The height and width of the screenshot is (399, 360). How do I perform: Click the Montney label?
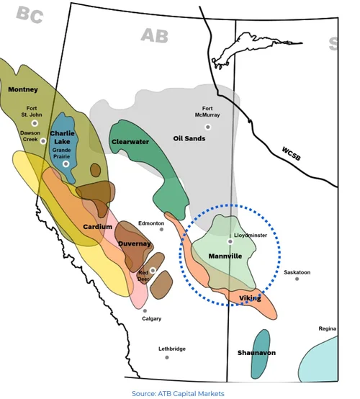pyautogui.click(x=22, y=90)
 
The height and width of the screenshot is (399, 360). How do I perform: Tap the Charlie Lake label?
pyautogui.click(x=63, y=127)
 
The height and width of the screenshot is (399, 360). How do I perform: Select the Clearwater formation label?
pyautogui.click(x=130, y=142)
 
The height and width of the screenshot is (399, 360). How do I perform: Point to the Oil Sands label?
pyautogui.click(x=190, y=138)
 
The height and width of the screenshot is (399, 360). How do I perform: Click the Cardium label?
pyautogui.click(x=97, y=227)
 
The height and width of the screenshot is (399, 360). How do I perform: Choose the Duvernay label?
pyautogui.click(x=135, y=244)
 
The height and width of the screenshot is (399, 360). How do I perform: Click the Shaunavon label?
pyautogui.click(x=256, y=353)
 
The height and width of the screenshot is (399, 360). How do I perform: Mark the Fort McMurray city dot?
pyautogui.click(x=208, y=127)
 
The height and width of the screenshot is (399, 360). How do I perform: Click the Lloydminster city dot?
pyautogui.click(x=230, y=242)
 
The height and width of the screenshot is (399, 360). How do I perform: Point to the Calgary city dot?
pyautogui.click(x=145, y=310)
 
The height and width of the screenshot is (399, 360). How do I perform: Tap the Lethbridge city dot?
pyautogui.click(x=166, y=357)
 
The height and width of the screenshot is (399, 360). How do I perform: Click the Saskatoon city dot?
pyautogui.click(x=297, y=279)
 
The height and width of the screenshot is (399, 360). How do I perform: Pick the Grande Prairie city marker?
pyautogui.click(x=66, y=164)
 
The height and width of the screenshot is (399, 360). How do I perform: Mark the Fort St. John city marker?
pyautogui.click(x=34, y=123)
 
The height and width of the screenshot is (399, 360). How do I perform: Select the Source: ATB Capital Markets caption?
pyautogui.click(x=178, y=393)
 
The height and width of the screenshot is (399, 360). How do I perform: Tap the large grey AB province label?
pyautogui.click(x=155, y=35)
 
